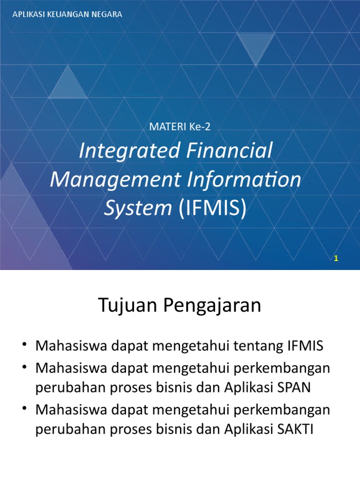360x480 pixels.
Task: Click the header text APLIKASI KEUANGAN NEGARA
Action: (x=67, y=15)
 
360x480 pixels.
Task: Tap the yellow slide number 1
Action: (x=336, y=258)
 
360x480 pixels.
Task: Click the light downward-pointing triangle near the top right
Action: (x=256, y=47)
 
